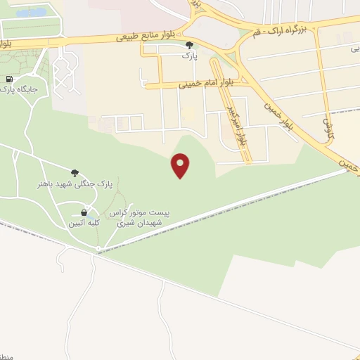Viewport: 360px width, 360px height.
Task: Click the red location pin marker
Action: click(x=181, y=165)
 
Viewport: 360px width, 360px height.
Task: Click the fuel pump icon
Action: click(x=8, y=79)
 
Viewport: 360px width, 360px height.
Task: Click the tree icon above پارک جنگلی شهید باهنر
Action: click(x=75, y=172)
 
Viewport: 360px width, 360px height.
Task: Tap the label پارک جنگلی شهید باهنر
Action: click(x=75, y=184)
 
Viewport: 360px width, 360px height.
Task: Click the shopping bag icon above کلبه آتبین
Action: click(x=84, y=212)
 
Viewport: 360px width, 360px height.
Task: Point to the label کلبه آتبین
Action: click(x=84, y=223)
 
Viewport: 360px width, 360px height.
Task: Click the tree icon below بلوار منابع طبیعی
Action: click(x=188, y=45)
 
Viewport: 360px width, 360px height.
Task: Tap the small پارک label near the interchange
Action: click(x=188, y=55)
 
